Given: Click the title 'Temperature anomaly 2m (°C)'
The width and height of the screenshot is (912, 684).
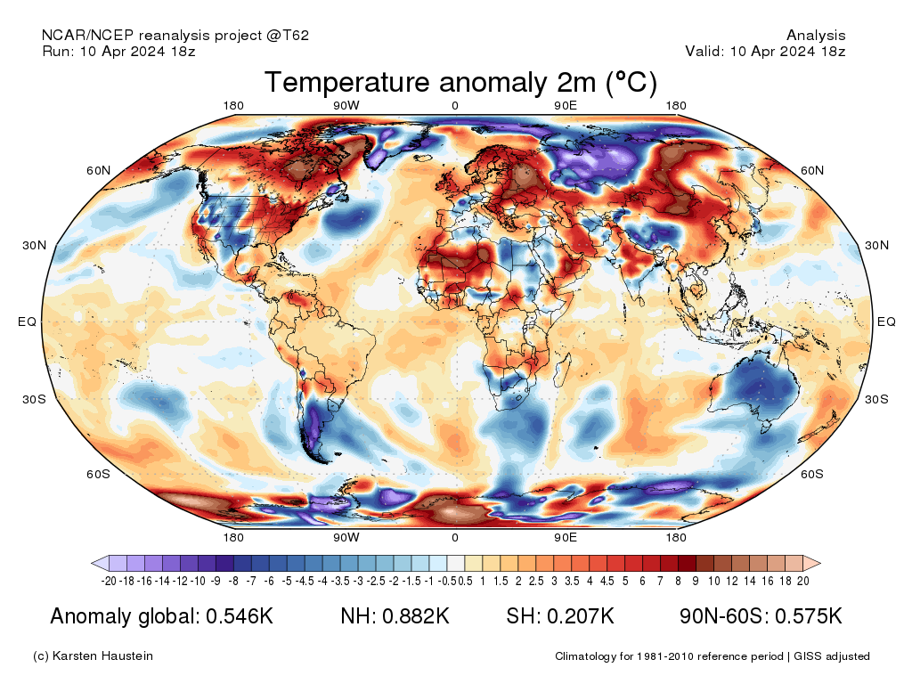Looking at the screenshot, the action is [460, 82].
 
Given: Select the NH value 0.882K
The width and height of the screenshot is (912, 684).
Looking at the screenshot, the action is [416, 616].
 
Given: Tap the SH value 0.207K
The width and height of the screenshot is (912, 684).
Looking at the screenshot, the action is [581, 616].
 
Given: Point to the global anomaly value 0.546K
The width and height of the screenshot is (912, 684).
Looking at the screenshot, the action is [240, 616].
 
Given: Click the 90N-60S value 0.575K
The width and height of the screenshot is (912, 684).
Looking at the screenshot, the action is [809, 616].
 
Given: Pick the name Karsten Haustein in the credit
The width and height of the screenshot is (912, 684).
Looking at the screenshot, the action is [102, 656].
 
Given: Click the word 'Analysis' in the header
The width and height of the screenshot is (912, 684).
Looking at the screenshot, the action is [816, 36].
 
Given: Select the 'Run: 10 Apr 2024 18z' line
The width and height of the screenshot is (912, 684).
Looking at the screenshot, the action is [118, 51].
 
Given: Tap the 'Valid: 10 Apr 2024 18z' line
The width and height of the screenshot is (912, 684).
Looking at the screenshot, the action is [765, 51].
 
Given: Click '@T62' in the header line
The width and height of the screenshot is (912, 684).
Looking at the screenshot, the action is [288, 36].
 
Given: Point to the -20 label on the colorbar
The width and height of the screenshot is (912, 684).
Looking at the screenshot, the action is [109, 581].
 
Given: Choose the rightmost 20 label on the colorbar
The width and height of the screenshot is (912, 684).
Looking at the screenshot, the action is [803, 581].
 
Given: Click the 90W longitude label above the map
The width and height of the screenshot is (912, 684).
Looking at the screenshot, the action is [346, 105].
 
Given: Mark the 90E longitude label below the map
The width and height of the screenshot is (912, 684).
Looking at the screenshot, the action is [566, 537].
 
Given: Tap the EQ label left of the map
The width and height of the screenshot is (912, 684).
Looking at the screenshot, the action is [28, 322].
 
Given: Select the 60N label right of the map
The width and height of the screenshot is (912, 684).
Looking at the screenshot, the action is [812, 170].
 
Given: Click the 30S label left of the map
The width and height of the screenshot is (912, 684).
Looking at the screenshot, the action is [35, 399].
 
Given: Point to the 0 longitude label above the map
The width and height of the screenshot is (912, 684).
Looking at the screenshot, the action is [455, 105].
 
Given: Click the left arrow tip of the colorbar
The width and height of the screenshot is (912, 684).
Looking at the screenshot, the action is [92, 563].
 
